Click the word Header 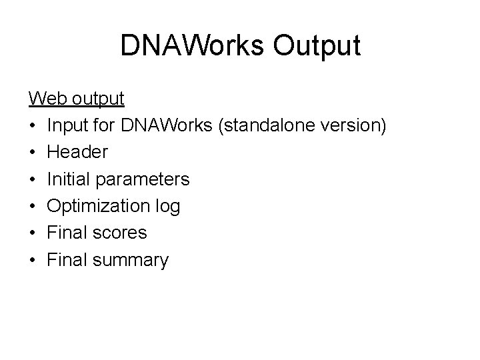click(x=77, y=153)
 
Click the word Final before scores click(x=65, y=233)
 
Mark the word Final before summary click(x=65, y=260)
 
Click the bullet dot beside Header click(x=32, y=153)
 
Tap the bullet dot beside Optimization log click(x=32, y=207)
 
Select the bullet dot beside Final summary click(x=32, y=260)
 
